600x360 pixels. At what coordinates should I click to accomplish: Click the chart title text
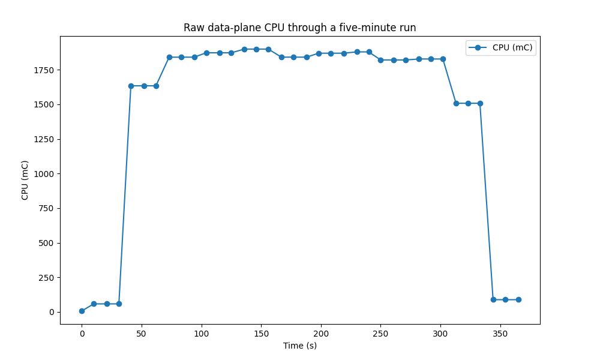point(299,28)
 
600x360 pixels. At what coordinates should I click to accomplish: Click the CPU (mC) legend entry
point(512,48)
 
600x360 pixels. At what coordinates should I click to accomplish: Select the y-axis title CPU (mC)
point(25,180)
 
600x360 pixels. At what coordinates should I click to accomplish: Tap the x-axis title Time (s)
point(299,346)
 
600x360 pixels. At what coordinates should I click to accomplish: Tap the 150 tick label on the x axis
point(261,333)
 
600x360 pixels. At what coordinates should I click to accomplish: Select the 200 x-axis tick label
point(321,333)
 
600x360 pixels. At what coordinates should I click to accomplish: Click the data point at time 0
point(82,311)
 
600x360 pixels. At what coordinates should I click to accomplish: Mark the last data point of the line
point(518,299)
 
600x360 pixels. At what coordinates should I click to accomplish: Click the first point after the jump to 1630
point(131,86)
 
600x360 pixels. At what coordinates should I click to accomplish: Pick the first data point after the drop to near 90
point(493,299)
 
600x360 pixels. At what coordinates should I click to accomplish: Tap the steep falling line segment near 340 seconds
point(487,201)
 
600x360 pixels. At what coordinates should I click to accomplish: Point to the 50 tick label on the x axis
point(142,333)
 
